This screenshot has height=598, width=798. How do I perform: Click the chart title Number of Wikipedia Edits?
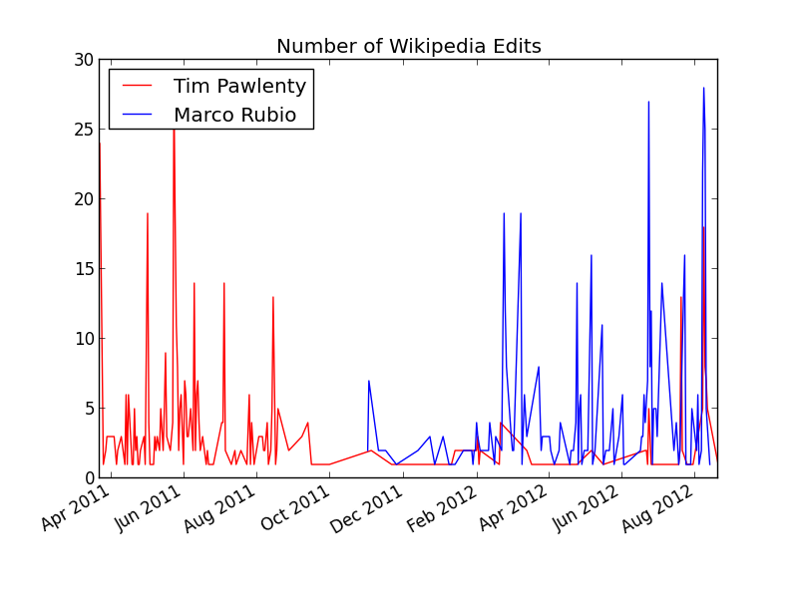(x=408, y=47)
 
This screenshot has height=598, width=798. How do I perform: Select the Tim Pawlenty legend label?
(x=239, y=87)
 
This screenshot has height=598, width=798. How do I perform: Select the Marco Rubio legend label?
(x=234, y=115)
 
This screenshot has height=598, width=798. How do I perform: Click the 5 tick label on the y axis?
(x=88, y=409)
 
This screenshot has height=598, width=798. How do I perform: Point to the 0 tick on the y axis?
(x=88, y=478)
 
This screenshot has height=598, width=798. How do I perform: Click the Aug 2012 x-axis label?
(x=661, y=509)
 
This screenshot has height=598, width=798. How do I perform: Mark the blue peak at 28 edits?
(x=703, y=88)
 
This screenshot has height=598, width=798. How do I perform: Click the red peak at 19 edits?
(x=148, y=213)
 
